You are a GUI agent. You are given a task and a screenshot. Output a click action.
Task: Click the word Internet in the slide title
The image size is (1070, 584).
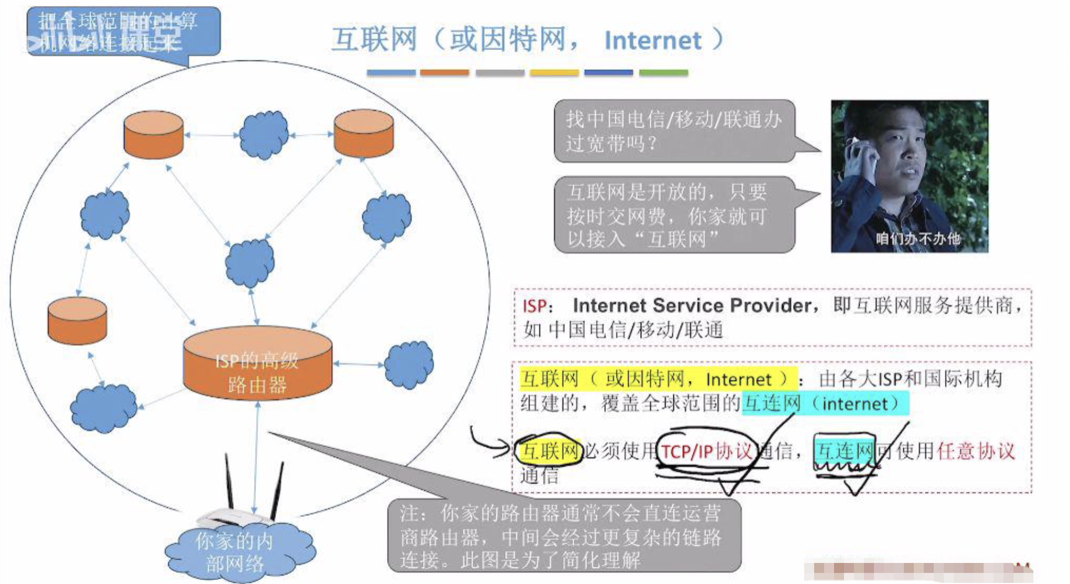(x=652, y=40)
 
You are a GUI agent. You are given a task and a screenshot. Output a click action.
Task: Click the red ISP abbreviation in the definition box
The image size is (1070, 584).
(x=534, y=306)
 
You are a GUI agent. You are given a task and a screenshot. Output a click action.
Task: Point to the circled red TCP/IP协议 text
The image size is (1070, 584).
(x=706, y=452)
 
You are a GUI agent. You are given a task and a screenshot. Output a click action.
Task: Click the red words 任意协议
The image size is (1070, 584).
(x=976, y=451)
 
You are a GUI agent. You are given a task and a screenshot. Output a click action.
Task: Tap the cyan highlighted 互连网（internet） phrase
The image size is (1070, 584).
(x=825, y=403)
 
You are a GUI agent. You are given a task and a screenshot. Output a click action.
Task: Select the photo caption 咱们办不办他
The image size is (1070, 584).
(x=918, y=239)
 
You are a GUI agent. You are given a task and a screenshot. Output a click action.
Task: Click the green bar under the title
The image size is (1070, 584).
(x=663, y=73)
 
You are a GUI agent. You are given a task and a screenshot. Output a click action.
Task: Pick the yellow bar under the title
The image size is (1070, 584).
(x=554, y=73)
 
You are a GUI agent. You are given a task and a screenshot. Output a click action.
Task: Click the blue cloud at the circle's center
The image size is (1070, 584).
(x=250, y=262)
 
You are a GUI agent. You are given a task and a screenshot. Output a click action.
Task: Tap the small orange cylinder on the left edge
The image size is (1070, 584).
(x=77, y=320)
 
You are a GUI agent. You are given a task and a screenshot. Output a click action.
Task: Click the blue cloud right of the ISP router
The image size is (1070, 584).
(x=409, y=364)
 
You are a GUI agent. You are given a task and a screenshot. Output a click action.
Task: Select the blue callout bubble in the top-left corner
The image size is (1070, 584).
(x=123, y=32)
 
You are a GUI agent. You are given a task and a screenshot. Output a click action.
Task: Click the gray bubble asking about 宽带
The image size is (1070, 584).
(x=674, y=131)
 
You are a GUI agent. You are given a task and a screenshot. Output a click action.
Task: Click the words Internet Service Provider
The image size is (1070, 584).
(x=692, y=305)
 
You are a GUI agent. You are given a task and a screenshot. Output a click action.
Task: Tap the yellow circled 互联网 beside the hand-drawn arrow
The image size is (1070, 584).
(x=549, y=451)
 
